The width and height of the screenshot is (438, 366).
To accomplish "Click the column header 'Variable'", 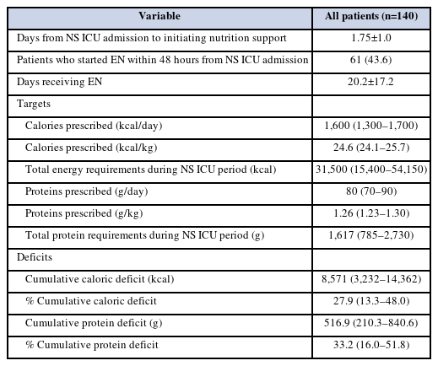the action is tap(160, 16).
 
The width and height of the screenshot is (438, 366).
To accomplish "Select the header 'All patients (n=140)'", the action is tap(371, 16).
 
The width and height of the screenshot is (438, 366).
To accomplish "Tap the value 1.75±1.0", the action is tap(371, 38).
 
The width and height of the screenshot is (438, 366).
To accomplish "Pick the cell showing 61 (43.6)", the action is tap(371, 60).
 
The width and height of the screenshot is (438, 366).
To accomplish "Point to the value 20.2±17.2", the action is tap(370, 82).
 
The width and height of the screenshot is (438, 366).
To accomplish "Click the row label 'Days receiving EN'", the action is tap(59, 82).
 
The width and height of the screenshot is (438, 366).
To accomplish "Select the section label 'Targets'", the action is tap(34, 104).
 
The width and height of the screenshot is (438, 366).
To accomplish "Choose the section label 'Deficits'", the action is tap(35, 257).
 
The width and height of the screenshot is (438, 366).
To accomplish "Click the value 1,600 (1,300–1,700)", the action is tap(371, 126).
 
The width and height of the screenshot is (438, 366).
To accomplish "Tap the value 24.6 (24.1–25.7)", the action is tap(371, 148).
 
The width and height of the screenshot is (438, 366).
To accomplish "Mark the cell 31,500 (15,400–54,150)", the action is tap(371, 170).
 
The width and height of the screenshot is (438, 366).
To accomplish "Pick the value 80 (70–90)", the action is tap(371, 191).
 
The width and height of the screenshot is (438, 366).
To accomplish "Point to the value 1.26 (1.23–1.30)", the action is tap(371, 213).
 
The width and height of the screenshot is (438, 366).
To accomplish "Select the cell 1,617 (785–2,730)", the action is tap(371, 235).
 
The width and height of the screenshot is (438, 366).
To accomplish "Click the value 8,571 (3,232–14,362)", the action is tap(371, 279).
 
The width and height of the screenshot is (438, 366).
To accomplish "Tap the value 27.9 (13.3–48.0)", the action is tap(371, 301).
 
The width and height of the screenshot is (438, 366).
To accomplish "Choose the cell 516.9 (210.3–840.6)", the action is tap(371, 323).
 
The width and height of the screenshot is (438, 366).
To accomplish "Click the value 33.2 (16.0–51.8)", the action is tap(371, 345).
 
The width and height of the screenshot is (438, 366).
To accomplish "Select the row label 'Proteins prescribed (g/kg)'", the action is tap(84, 213).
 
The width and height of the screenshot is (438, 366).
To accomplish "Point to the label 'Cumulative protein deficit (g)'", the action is tap(94, 323).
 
